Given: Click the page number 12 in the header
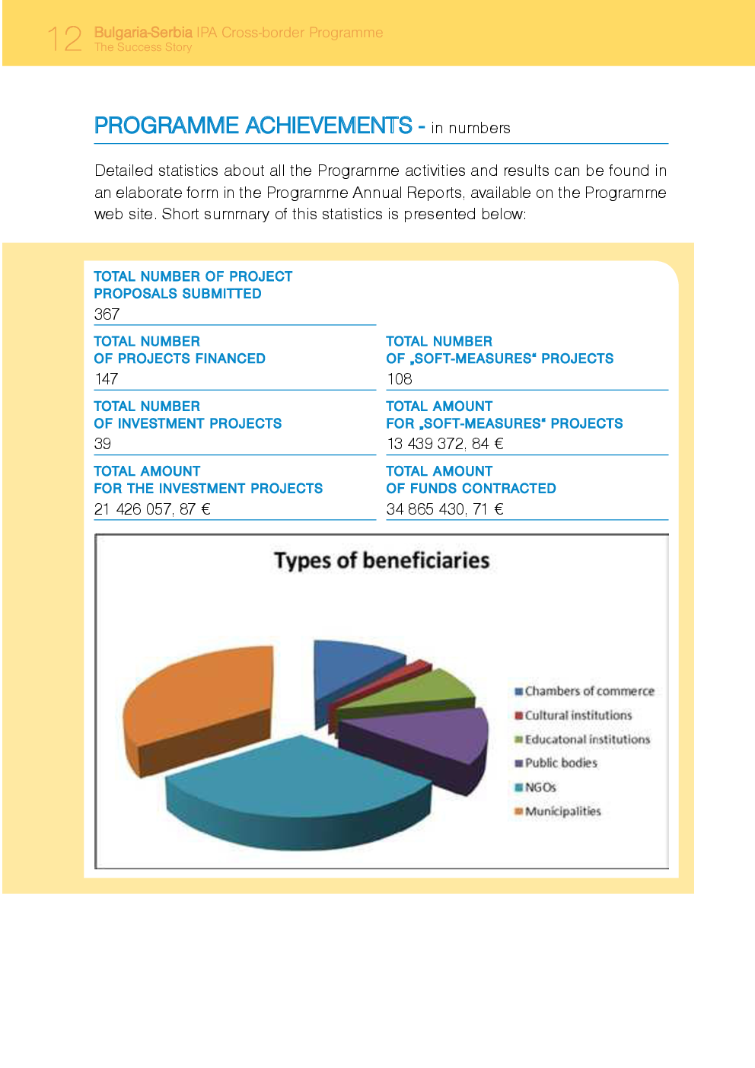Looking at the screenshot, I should click(x=65, y=38).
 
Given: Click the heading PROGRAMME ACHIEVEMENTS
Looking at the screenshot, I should click(x=253, y=126).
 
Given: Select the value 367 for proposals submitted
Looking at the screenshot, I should click(x=107, y=314).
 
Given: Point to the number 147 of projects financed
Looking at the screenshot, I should click(x=107, y=379).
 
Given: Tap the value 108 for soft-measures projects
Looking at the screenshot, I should click(x=399, y=379).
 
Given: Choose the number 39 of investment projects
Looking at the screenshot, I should click(x=103, y=444).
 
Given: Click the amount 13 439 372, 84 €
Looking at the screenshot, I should click(x=444, y=444).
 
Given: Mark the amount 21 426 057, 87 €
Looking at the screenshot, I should click(x=152, y=509).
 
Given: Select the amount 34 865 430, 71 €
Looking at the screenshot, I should click(x=444, y=509).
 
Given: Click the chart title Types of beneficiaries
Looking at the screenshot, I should click(x=381, y=561).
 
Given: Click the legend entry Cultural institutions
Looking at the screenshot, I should click(x=578, y=716).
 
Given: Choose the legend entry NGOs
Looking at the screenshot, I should click(x=540, y=787).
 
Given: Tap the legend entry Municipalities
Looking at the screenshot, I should click(x=562, y=811).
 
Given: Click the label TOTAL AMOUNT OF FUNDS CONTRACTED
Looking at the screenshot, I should click(x=470, y=480).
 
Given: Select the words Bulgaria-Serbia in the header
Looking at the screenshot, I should click(x=143, y=33).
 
